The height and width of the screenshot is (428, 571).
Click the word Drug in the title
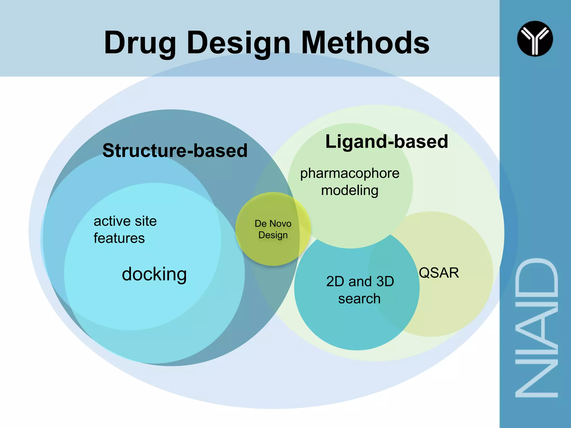pyautogui.click(x=139, y=43)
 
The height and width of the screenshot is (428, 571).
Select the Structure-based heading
pyautogui.click(x=175, y=150)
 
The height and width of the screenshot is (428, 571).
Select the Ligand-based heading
pyautogui.click(x=386, y=142)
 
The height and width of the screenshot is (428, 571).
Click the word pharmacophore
pyautogui.click(x=350, y=173)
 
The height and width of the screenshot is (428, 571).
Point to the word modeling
pyautogui.click(x=350, y=191)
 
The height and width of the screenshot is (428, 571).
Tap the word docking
pyautogui.click(x=154, y=274)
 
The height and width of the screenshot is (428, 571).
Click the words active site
pyautogui.click(x=125, y=221)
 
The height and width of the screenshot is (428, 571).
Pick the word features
pyautogui.click(x=119, y=239)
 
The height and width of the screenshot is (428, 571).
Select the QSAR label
pyautogui.click(x=439, y=273)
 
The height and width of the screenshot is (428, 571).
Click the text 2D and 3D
pyautogui.click(x=360, y=281)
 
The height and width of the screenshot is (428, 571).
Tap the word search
pyautogui.click(x=359, y=299)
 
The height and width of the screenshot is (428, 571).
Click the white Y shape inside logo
pyautogui.click(x=535, y=38)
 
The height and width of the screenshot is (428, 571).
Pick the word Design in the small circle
pyautogui.click(x=273, y=235)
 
